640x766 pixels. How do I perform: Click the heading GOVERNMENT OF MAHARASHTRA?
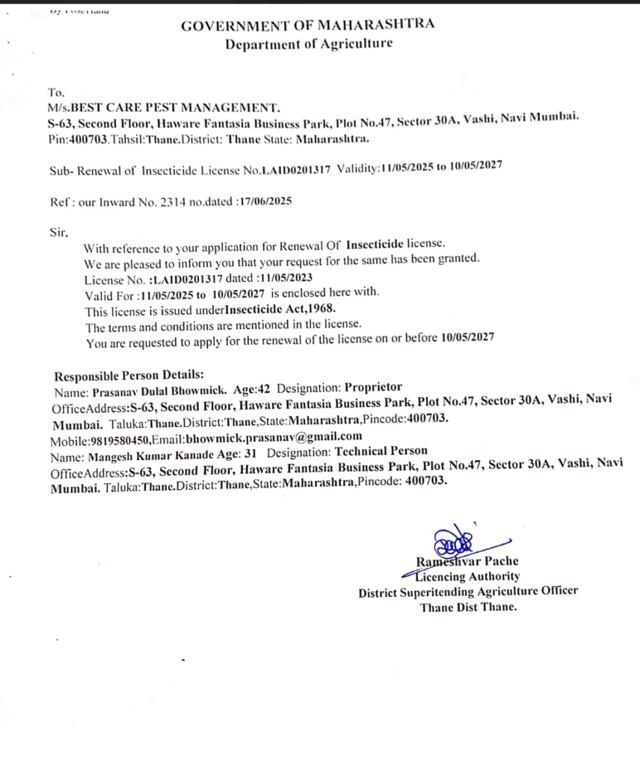(x=307, y=25)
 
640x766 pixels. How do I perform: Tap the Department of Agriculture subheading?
(x=309, y=44)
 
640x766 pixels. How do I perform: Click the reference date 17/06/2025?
(x=263, y=200)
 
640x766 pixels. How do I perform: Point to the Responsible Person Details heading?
(x=129, y=375)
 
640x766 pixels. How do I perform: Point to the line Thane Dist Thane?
(x=468, y=607)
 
